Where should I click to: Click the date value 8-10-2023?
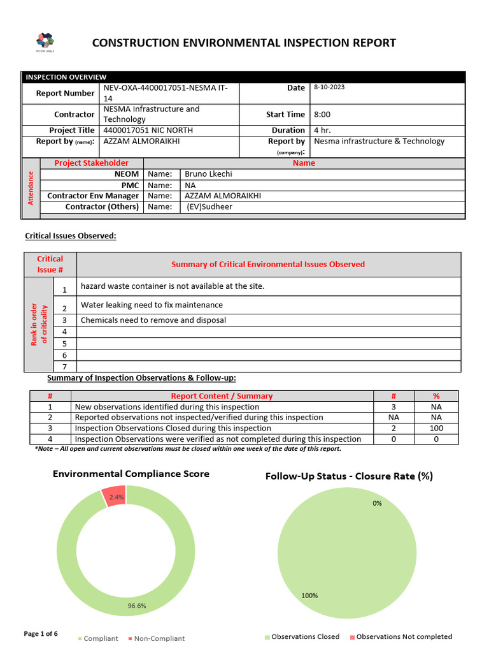coord(329,87)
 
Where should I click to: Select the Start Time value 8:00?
coord(322,115)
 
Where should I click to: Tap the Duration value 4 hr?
coord(322,130)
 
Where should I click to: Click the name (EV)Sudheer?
coord(209,207)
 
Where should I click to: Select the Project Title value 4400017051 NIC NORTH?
coord(148,130)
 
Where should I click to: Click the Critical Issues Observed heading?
coord(71,236)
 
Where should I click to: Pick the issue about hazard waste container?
coord(172,286)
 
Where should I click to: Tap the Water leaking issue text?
coord(152,305)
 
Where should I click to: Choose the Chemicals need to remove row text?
coord(153,320)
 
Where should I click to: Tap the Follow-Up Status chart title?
coord(349,476)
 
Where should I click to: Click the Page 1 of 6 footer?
coord(41,634)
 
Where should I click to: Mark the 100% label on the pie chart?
coord(309,596)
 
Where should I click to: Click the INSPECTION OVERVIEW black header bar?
coord(244,77)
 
